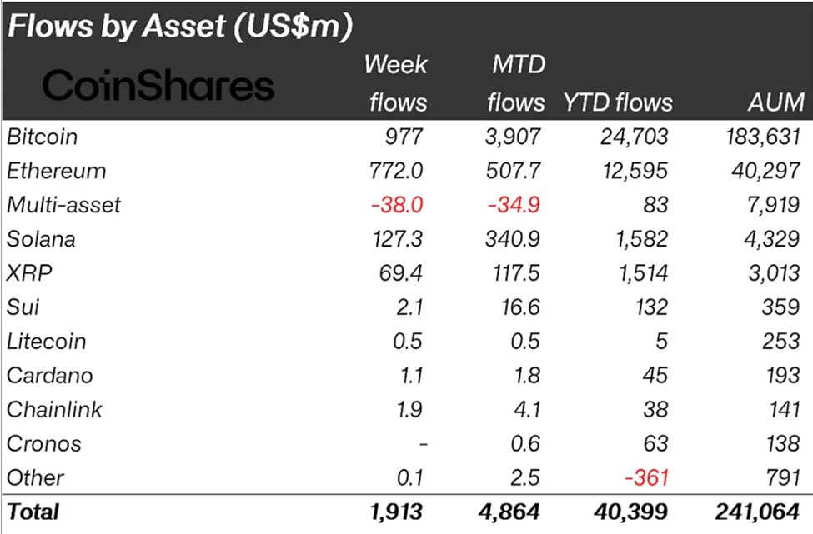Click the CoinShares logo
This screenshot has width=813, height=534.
point(158,86)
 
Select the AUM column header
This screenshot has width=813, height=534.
point(775,102)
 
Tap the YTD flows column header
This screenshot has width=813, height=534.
point(618,102)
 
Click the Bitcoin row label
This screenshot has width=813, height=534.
point(42,137)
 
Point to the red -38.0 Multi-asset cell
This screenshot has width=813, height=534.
point(398,205)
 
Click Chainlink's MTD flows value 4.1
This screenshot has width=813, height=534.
point(527,410)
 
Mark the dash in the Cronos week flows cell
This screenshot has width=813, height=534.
point(424,444)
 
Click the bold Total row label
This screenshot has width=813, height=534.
point(33,511)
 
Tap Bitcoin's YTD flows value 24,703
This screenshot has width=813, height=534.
point(630,137)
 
